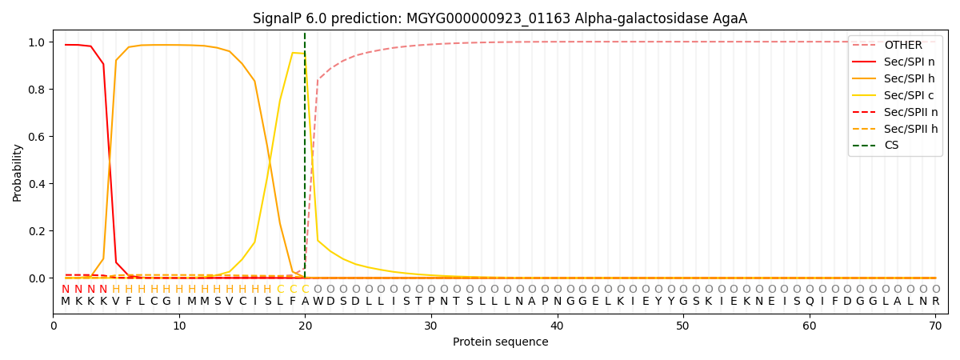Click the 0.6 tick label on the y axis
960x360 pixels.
(37, 137)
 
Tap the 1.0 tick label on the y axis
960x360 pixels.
(37, 42)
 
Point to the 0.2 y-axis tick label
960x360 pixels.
(37, 231)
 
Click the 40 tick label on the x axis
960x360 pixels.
(557, 326)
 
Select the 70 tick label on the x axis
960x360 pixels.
(935, 326)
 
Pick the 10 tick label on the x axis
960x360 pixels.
(179, 326)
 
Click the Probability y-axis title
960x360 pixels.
(17, 173)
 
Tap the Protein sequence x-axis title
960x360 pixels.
(500, 342)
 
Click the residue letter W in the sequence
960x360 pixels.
(318, 302)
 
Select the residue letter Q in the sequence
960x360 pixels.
(810, 302)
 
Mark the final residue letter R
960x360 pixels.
(935, 302)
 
